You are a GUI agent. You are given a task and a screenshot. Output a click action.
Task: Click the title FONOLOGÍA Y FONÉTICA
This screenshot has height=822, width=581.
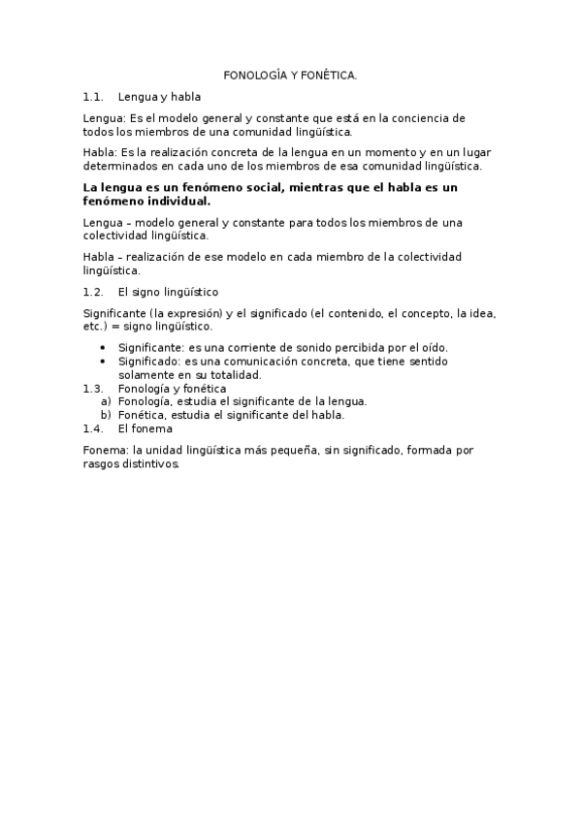click(290, 75)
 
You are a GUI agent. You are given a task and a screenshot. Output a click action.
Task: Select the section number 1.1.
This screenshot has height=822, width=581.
click(93, 97)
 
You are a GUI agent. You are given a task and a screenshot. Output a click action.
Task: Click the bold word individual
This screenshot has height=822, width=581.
click(170, 201)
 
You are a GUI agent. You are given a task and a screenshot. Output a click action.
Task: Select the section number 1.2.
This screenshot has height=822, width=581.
click(93, 291)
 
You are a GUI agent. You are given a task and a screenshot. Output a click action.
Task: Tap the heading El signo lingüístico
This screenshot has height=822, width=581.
click(168, 291)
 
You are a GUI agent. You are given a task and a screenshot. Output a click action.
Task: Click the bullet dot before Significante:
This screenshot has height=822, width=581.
click(105, 348)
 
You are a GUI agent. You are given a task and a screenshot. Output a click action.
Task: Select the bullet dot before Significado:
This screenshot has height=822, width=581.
click(105, 362)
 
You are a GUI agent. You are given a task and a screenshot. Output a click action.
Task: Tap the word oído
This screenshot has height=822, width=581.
click(433, 347)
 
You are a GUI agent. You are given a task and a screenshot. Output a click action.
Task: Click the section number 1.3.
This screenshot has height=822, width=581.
click(93, 388)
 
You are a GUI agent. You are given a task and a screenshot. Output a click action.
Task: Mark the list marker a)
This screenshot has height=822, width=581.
click(106, 400)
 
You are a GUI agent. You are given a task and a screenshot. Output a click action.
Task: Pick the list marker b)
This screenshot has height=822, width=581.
click(106, 414)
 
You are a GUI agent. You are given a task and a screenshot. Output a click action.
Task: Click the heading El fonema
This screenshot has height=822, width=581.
click(145, 427)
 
